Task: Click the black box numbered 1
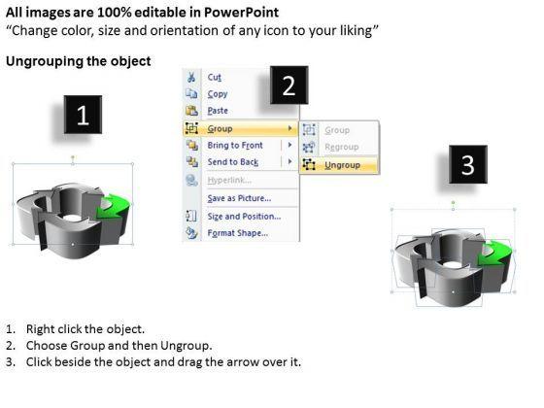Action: click(83, 115)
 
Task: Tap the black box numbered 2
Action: click(289, 85)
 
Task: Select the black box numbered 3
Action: click(468, 164)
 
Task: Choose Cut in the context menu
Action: click(214, 77)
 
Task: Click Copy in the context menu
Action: click(218, 94)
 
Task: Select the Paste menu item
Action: click(218, 111)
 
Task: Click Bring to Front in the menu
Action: click(235, 146)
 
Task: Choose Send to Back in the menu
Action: click(233, 162)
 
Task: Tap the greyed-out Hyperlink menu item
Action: click(229, 180)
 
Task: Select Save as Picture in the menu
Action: click(239, 198)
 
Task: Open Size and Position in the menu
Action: click(244, 217)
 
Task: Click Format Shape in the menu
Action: click(238, 233)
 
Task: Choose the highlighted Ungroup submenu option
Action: click(342, 165)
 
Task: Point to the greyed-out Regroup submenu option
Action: click(341, 147)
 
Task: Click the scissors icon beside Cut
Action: click(191, 77)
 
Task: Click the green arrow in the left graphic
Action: click(113, 207)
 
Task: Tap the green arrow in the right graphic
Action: click(493, 255)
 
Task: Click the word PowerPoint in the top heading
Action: click(241, 13)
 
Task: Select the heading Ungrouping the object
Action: click(79, 61)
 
